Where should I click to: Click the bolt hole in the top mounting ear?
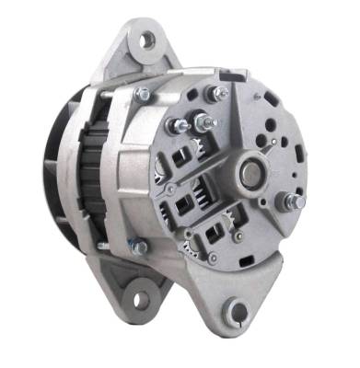[146, 40]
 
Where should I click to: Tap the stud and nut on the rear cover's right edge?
[294, 201]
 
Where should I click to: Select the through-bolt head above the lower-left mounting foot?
[137, 246]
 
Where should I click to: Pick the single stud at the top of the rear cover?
[218, 92]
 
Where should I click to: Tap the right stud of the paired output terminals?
[199, 121]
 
